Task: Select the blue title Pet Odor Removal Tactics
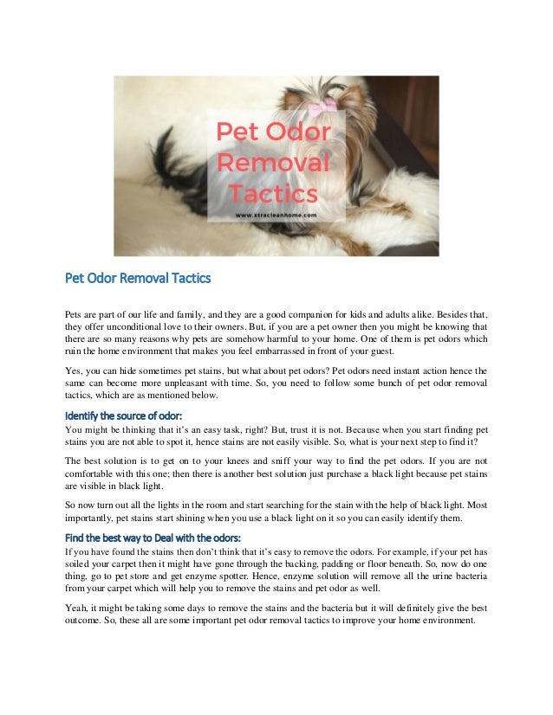pyautogui.click(x=139, y=280)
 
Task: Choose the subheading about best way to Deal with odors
pyautogui.click(x=153, y=537)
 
